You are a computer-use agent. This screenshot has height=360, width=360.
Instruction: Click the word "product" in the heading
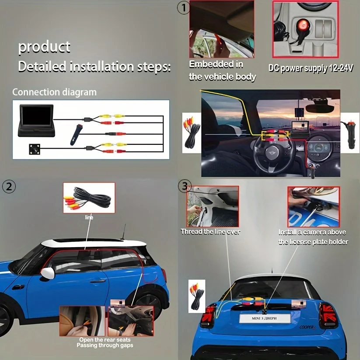pos(44,47)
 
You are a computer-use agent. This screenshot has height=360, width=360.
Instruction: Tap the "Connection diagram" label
pos(54,92)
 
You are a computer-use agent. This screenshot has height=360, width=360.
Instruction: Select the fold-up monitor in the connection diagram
pos(36,120)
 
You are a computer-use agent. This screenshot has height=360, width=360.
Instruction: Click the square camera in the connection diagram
pos(35,149)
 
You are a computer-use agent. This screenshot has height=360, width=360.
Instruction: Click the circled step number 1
pos(183,8)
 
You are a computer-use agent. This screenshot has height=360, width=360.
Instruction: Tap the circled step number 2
pos(9,186)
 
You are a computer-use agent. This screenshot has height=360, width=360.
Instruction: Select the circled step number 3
pos(184,186)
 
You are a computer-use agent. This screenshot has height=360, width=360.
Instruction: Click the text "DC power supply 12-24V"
pos(311,68)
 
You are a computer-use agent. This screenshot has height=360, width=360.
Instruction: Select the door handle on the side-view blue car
pos(98,281)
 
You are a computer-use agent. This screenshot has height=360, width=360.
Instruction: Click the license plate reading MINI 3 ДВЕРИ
pos(265,318)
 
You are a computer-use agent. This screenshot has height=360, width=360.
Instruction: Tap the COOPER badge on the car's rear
pos(308,327)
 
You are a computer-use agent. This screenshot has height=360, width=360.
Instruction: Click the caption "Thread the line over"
pos(210,232)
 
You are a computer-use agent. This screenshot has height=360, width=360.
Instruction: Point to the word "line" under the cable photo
pos(89,217)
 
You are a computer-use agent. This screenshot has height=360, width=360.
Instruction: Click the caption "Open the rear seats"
pos(105,339)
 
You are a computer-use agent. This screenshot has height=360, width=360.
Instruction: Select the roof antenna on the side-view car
pos(124,232)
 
